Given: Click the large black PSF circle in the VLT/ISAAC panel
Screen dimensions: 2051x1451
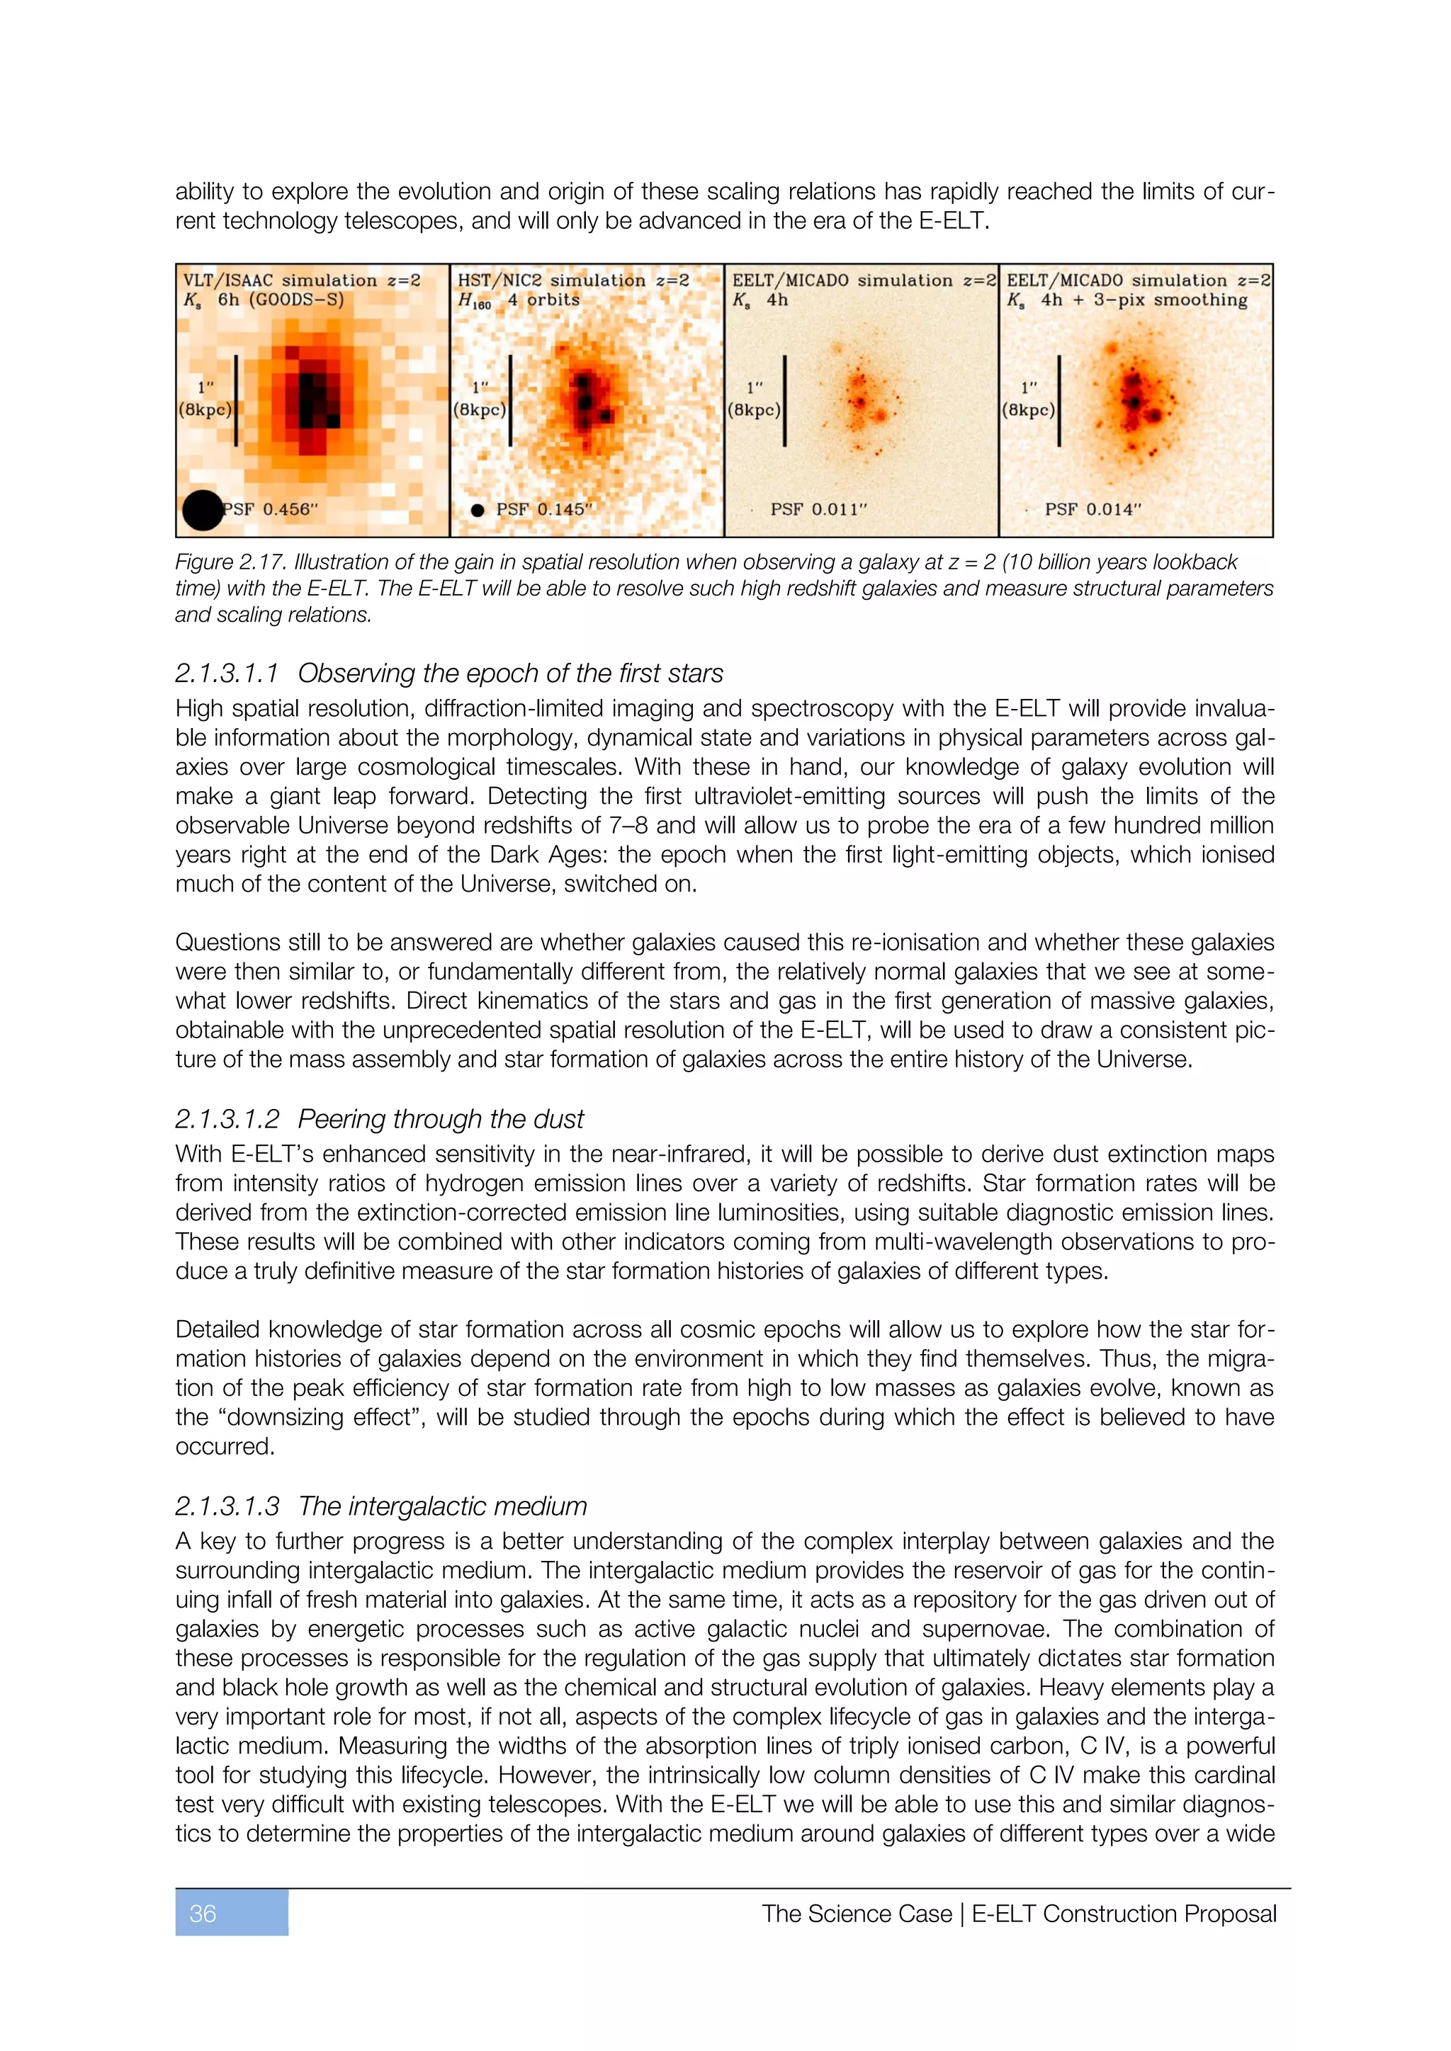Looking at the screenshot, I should [202, 511].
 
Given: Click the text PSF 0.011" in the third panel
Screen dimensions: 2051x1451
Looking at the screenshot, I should [818, 509].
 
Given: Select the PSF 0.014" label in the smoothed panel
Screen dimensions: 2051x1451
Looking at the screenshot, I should [1093, 509].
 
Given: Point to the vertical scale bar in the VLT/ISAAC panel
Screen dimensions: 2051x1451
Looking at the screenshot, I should [236, 400].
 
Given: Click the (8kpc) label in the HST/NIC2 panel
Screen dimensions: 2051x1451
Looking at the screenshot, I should [480, 410].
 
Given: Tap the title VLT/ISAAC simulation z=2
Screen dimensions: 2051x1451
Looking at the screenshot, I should [302, 280].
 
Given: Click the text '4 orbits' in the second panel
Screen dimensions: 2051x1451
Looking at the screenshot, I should [544, 300].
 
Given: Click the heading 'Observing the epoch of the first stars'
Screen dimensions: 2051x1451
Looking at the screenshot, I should [510, 673].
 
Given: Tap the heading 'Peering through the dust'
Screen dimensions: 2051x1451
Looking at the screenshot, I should [441, 1118].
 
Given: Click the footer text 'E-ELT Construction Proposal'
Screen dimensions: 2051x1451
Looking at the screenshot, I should [1123, 1914].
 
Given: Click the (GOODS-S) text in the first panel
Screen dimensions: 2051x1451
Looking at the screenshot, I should [295, 300].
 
